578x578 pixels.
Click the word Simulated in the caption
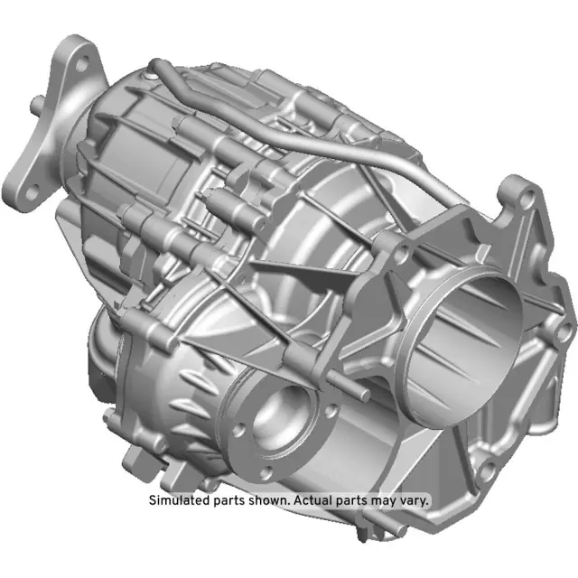179,499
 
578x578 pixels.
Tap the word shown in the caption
266,499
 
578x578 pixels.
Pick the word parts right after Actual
352,499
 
